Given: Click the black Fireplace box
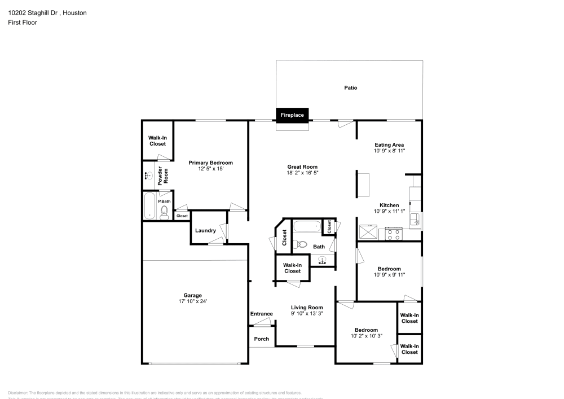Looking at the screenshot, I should [292, 115].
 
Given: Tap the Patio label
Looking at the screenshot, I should [350, 87].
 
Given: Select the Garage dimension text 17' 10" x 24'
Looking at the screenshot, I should [192, 301].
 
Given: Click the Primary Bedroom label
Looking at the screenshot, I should [210, 163].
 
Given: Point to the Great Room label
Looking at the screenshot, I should [302, 166].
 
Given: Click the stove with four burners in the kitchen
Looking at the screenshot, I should [393, 234].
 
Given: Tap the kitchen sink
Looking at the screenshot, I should [415, 219].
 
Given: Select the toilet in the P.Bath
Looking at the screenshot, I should [164, 212].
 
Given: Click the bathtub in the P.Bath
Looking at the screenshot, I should [149, 206].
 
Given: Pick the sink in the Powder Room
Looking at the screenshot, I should [148, 176].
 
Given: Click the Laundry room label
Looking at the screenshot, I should [205, 230].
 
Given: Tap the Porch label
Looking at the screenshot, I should [262, 339].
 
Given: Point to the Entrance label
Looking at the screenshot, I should [261, 314].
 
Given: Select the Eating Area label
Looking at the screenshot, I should [389, 145].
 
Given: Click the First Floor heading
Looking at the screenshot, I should [23, 23].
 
